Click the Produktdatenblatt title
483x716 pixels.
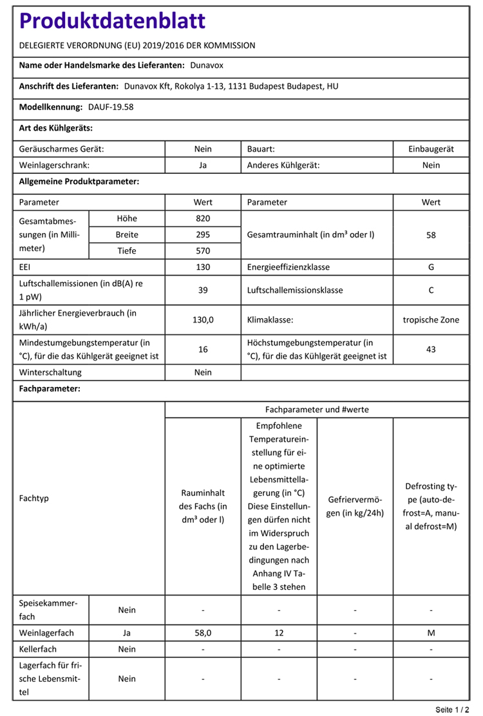click(x=113, y=21)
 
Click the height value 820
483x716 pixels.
click(x=203, y=218)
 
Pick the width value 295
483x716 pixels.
click(x=203, y=234)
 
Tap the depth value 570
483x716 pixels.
click(x=203, y=250)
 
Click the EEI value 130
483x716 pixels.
click(x=203, y=267)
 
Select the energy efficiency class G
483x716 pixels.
click(x=431, y=267)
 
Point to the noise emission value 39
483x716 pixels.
click(x=203, y=290)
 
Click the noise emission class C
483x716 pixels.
click(x=431, y=290)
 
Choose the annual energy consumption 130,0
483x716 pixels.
click(x=203, y=319)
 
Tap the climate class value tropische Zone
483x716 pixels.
click(x=431, y=319)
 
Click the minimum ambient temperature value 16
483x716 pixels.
click(x=203, y=349)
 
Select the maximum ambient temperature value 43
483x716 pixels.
click(x=431, y=349)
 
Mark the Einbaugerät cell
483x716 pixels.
click(x=431, y=149)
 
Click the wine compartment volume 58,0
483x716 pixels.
click(x=203, y=634)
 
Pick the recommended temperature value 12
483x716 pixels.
click(x=279, y=634)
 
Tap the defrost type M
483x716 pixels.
click(x=431, y=634)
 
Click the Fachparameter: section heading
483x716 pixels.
click(x=50, y=390)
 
